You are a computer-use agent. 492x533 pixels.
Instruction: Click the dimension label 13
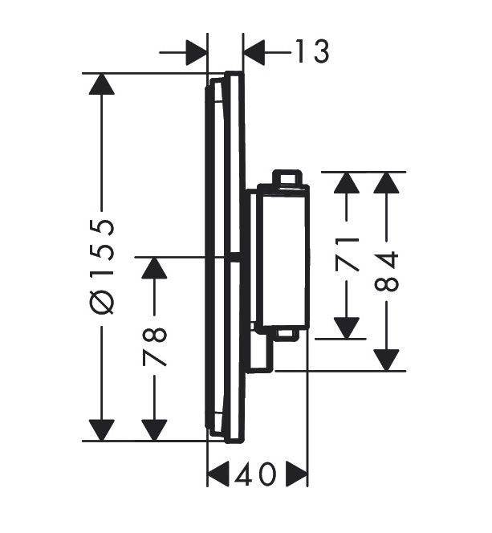point(312,51)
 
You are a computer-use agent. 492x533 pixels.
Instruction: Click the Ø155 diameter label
point(101,266)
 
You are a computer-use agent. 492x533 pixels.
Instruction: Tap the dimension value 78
point(155,347)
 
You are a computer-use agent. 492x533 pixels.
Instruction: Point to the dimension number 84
point(386,271)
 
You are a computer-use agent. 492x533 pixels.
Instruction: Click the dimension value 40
point(255,474)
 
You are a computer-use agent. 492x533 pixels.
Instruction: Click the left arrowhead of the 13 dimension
point(197,53)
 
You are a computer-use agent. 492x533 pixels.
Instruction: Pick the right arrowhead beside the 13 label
point(254,53)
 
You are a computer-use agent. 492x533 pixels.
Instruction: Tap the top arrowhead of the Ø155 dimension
point(101,83)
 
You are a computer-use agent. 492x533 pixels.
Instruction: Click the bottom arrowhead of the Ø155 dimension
point(101,430)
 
